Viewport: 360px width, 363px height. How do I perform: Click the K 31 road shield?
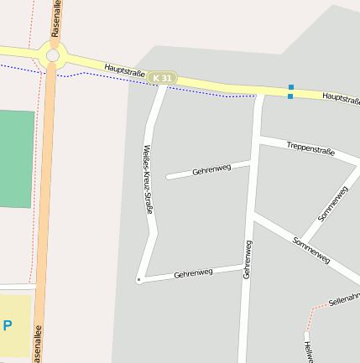(x=163, y=78)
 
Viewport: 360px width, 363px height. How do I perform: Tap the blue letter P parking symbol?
(x=8, y=325)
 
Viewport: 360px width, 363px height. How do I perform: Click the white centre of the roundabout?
(x=53, y=55)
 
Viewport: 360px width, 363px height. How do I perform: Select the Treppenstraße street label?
(x=310, y=150)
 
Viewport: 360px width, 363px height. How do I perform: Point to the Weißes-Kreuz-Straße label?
(x=148, y=179)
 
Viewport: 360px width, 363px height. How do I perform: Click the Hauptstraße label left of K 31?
(x=126, y=71)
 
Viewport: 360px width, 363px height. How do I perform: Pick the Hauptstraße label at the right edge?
(x=341, y=99)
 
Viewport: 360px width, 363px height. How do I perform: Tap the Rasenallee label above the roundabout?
(x=55, y=18)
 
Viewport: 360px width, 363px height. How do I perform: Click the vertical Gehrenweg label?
(x=248, y=259)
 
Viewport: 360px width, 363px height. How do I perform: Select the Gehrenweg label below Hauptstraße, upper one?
(x=211, y=169)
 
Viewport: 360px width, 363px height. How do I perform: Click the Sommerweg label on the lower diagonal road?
(x=310, y=250)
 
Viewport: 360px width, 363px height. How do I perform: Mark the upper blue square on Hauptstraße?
(x=290, y=87)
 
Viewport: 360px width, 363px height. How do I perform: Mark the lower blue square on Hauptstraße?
(x=290, y=96)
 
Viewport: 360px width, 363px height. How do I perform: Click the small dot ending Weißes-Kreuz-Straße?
(x=138, y=280)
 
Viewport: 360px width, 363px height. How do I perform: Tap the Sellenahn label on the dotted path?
(x=344, y=298)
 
